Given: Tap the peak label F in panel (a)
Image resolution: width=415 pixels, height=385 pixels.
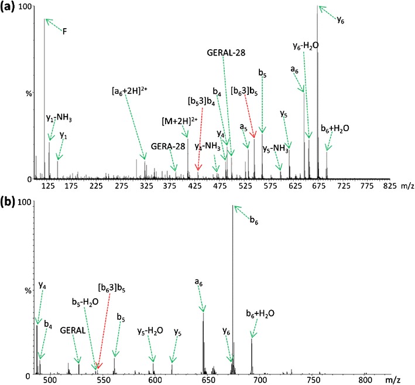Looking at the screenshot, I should coord(65,32).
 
